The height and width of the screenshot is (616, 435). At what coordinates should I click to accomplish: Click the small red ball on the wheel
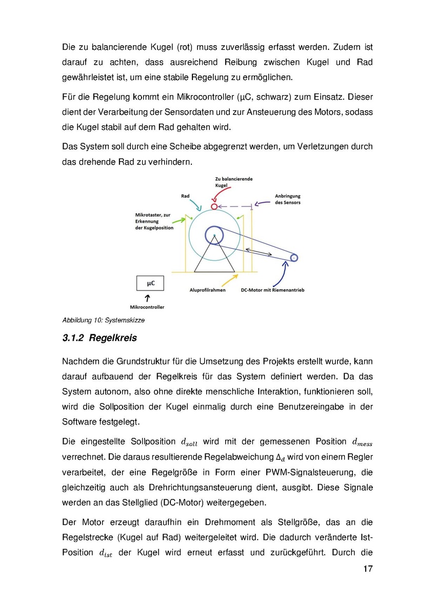point(214,206)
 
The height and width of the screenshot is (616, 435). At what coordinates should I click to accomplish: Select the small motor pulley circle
point(294,258)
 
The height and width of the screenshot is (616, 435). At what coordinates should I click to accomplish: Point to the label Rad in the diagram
point(185,196)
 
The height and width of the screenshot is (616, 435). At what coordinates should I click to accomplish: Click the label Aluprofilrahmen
point(207,290)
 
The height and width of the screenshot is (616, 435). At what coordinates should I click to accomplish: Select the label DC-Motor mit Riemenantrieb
point(272,290)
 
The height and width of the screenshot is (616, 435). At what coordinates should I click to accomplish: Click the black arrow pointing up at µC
point(148,298)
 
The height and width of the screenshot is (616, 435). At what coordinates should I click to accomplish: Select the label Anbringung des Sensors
point(287,199)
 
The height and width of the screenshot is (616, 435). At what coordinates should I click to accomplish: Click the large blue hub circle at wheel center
point(213,235)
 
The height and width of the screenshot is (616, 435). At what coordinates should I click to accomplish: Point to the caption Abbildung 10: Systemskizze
point(103,320)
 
